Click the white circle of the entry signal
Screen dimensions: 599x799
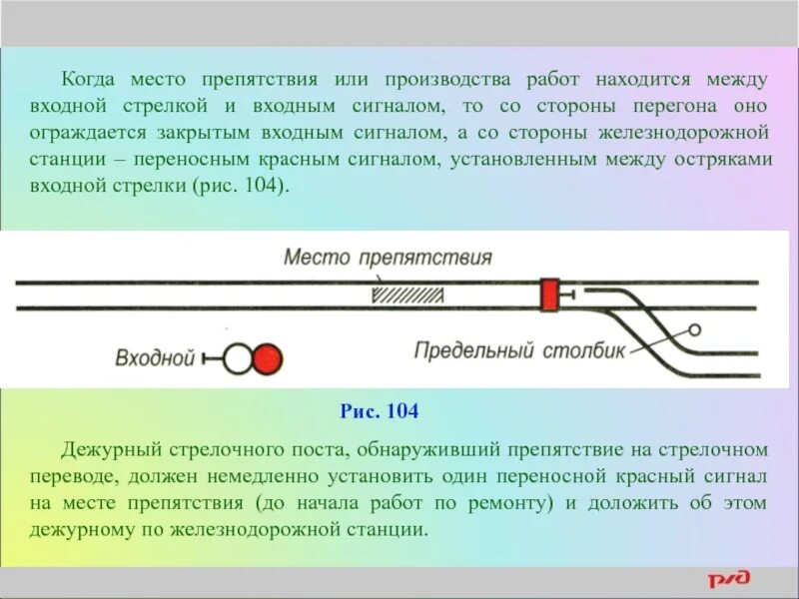pyautogui.click(x=238, y=358)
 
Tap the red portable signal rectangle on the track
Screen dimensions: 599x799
pyautogui.click(x=549, y=295)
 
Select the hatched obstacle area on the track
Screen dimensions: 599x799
pyautogui.click(x=407, y=295)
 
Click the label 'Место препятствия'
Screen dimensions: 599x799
pyautogui.click(x=388, y=258)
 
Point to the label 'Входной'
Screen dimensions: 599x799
pyautogui.click(x=154, y=358)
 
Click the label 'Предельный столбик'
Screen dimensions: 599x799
pyautogui.click(x=519, y=350)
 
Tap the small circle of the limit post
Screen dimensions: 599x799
pyautogui.click(x=692, y=330)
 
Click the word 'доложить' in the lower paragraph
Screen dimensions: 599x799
pyautogui.click(x=623, y=503)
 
